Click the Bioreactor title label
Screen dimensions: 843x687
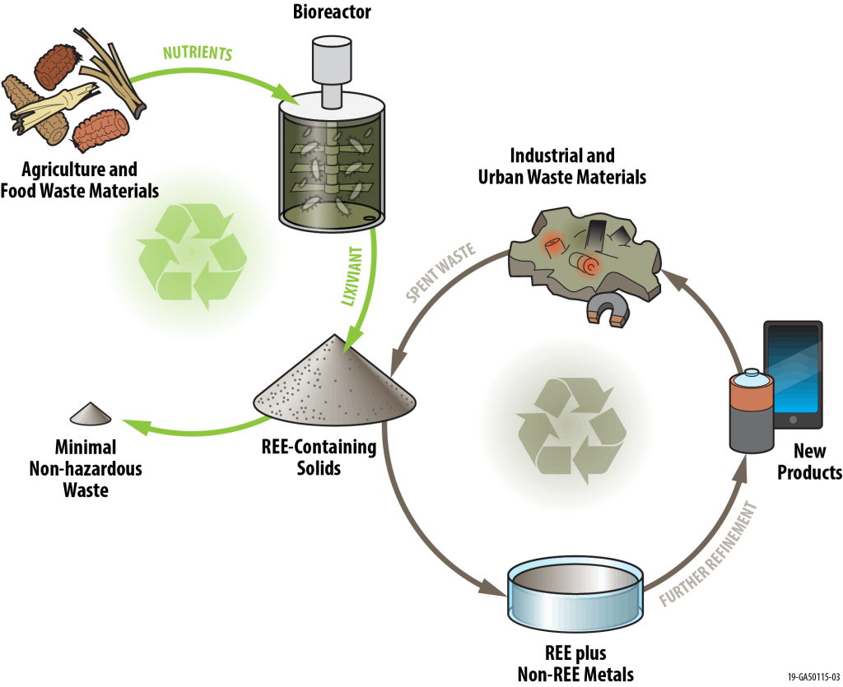(x=332, y=12)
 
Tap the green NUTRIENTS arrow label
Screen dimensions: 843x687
(x=198, y=53)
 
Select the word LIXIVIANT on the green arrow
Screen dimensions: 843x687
(x=352, y=276)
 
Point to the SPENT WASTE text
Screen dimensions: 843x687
(x=441, y=272)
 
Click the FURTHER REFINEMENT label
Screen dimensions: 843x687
(x=709, y=554)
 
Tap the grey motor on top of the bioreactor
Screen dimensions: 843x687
(x=332, y=71)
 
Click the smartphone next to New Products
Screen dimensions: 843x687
(x=794, y=374)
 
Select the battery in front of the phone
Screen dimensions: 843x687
(x=752, y=411)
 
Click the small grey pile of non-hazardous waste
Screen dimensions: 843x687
(x=91, y=414)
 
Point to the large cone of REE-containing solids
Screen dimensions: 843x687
(x=335, y=382)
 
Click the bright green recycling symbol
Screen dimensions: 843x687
(x=193, y=257)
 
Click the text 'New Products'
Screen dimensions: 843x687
(x=809, y=462)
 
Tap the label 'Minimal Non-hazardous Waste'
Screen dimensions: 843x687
(x=86, y=468)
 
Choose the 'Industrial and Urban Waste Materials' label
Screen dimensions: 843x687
(x=561, y=166)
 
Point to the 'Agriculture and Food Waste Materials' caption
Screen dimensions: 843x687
(x=80, y=180)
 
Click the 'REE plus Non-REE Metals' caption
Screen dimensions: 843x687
(x=575, y=663)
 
